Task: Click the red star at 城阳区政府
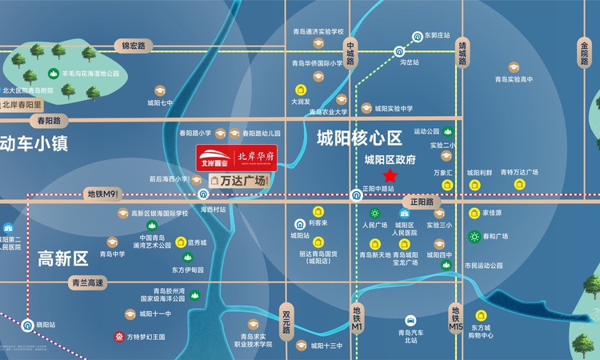click(x=390, y=175)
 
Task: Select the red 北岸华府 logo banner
click(x=238, y=158)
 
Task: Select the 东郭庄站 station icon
click(x=417, y=36)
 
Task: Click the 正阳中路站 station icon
click(x=356, y=194)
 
